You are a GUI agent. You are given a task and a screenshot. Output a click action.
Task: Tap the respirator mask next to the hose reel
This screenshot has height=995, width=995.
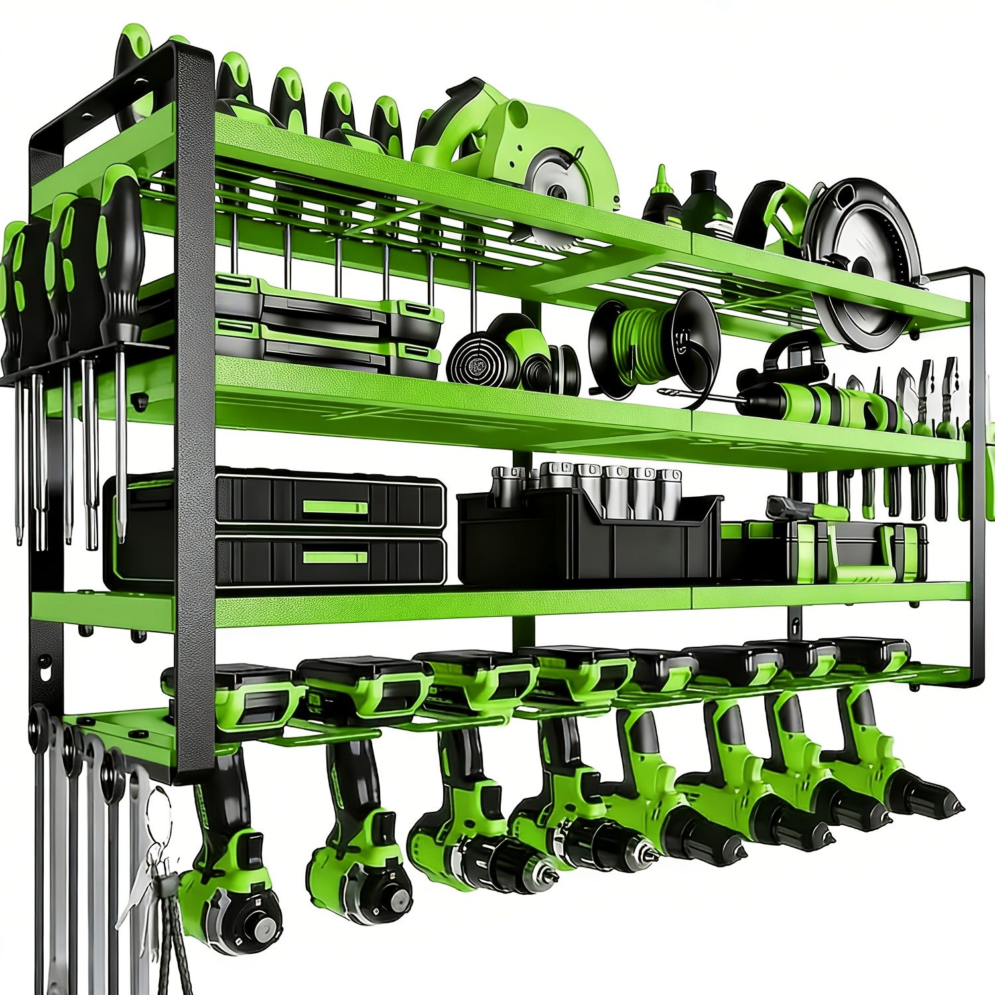click(x=511, y=355)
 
